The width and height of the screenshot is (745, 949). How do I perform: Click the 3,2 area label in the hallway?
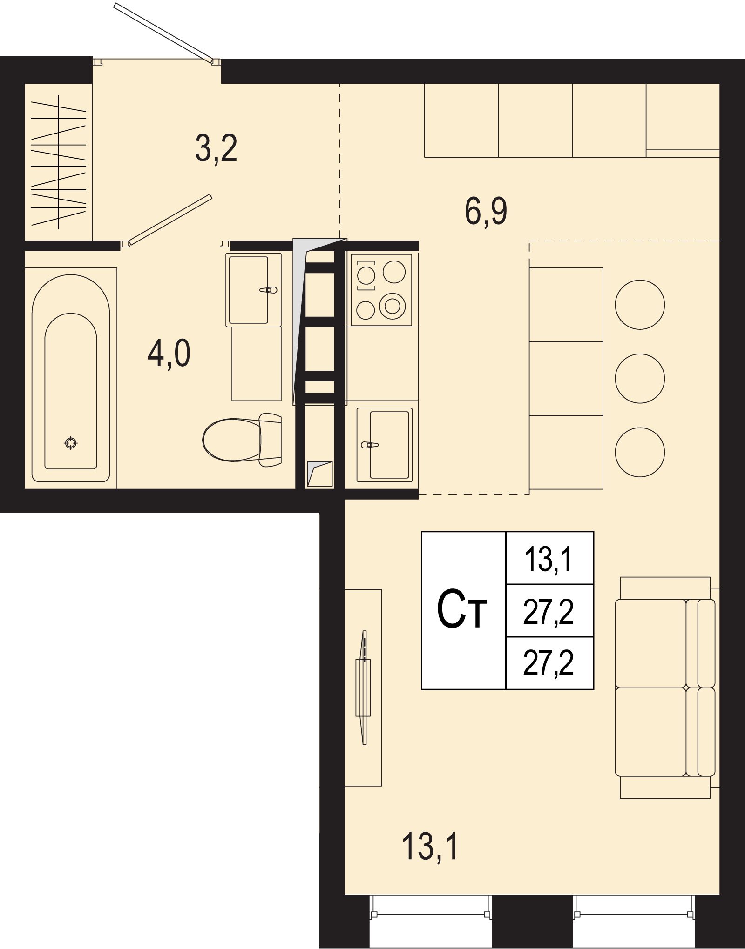coord(216,148)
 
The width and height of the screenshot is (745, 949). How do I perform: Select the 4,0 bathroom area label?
coord(169,354)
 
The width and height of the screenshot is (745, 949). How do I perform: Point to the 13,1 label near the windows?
coord(430,847)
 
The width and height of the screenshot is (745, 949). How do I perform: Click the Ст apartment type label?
coord(461,609)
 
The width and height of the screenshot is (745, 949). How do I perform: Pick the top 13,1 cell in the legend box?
coord(549,558)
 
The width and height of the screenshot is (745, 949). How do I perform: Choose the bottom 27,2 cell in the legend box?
coord(549,663)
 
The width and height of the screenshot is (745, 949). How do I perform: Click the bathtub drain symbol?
coord(71,443)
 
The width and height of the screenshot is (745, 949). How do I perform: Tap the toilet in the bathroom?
coord(242,440)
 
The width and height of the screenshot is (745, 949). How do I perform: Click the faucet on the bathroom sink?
coord(268,290)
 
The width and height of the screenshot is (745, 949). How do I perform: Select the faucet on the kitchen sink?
coord(370,445)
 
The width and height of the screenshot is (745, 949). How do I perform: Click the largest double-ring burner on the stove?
coord(393,306)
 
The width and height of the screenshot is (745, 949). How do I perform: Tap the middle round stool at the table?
coord(640,378)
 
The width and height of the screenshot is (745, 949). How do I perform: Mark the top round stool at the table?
coord(640,305)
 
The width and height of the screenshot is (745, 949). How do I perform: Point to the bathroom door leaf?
coord(170,220)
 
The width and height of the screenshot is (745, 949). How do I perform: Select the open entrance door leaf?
coord(163,33)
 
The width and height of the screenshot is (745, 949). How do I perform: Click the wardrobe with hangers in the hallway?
coord(58,162)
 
